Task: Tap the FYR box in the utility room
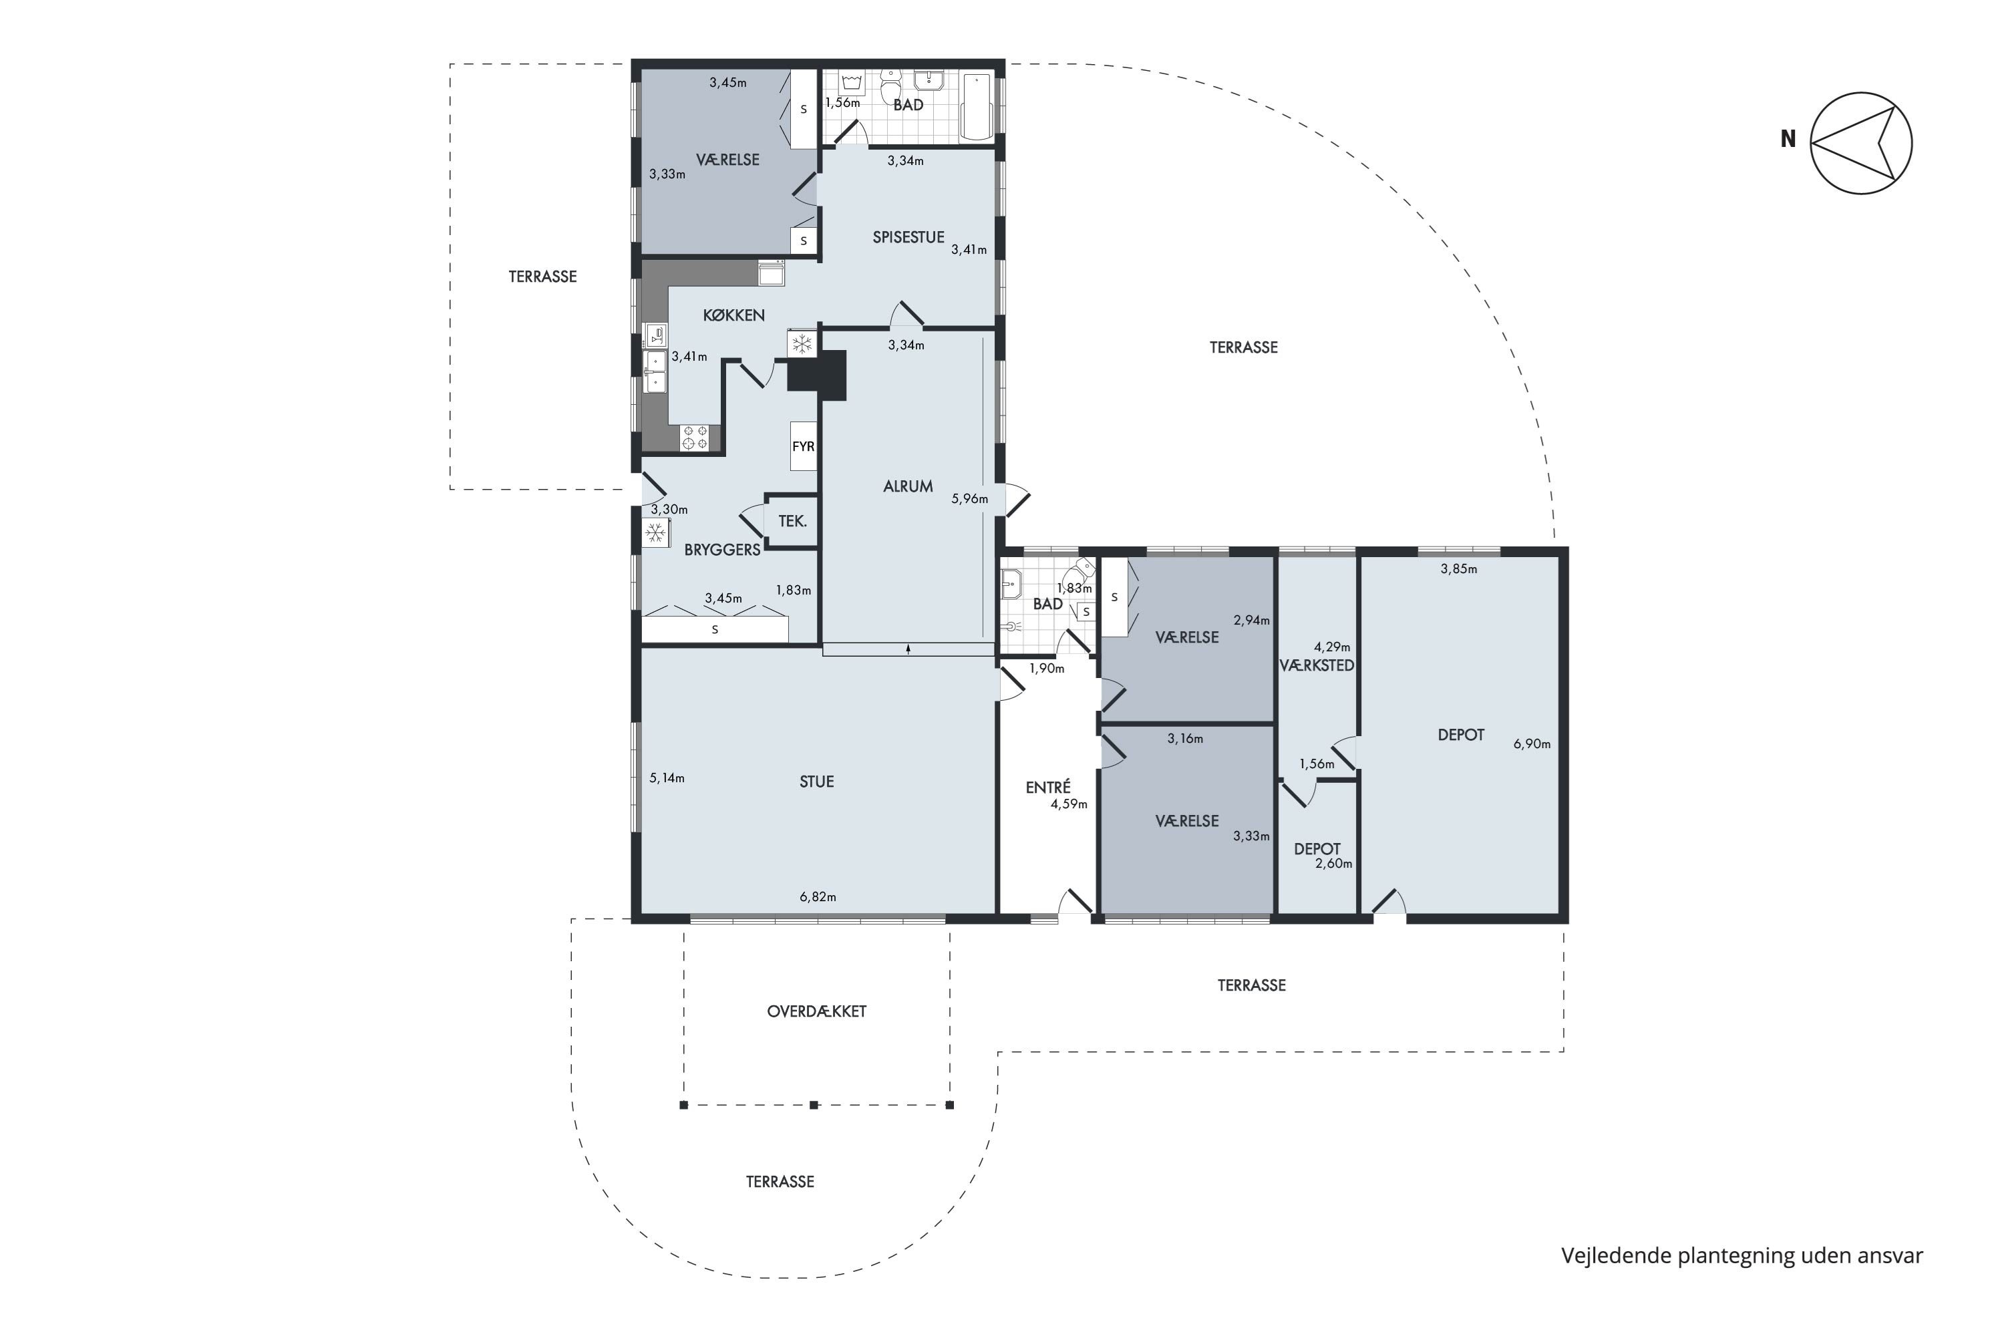tap(803, 446)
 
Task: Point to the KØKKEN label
tap(733, 315)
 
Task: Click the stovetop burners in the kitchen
tap(695, 438)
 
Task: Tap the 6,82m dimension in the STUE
tap(817, 897)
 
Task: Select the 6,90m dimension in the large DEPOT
tap(1531, 744)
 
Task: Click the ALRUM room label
tap(907, 486)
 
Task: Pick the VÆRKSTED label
tap(1317, 665)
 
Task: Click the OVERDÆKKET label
tap(816, 1011)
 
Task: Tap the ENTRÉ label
tap(1047, 788)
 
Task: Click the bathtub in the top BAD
tap(977, 106)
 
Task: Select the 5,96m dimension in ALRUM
tap(970, 499)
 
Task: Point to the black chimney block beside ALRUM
tap(816, 375)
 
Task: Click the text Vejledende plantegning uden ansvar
tap(1741, 1256)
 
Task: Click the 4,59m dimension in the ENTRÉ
tap(1068, 804)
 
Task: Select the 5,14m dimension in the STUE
tap(666, 778)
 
